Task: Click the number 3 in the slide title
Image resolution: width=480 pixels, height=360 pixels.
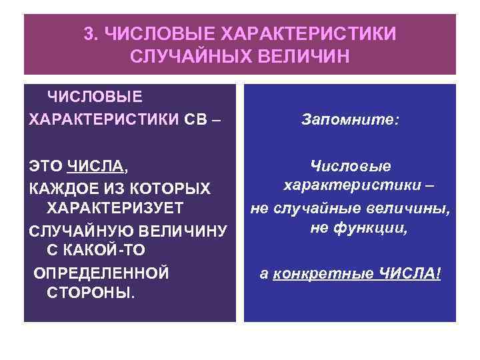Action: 89,33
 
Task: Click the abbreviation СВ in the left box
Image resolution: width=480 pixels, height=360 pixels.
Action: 197,119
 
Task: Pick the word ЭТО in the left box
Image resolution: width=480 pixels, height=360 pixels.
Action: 46,163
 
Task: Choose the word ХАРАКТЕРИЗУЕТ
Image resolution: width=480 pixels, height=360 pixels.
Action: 115,207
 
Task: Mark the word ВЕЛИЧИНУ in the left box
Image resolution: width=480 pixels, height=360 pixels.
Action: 182,231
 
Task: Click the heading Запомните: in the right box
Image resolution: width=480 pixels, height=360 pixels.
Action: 350,120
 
